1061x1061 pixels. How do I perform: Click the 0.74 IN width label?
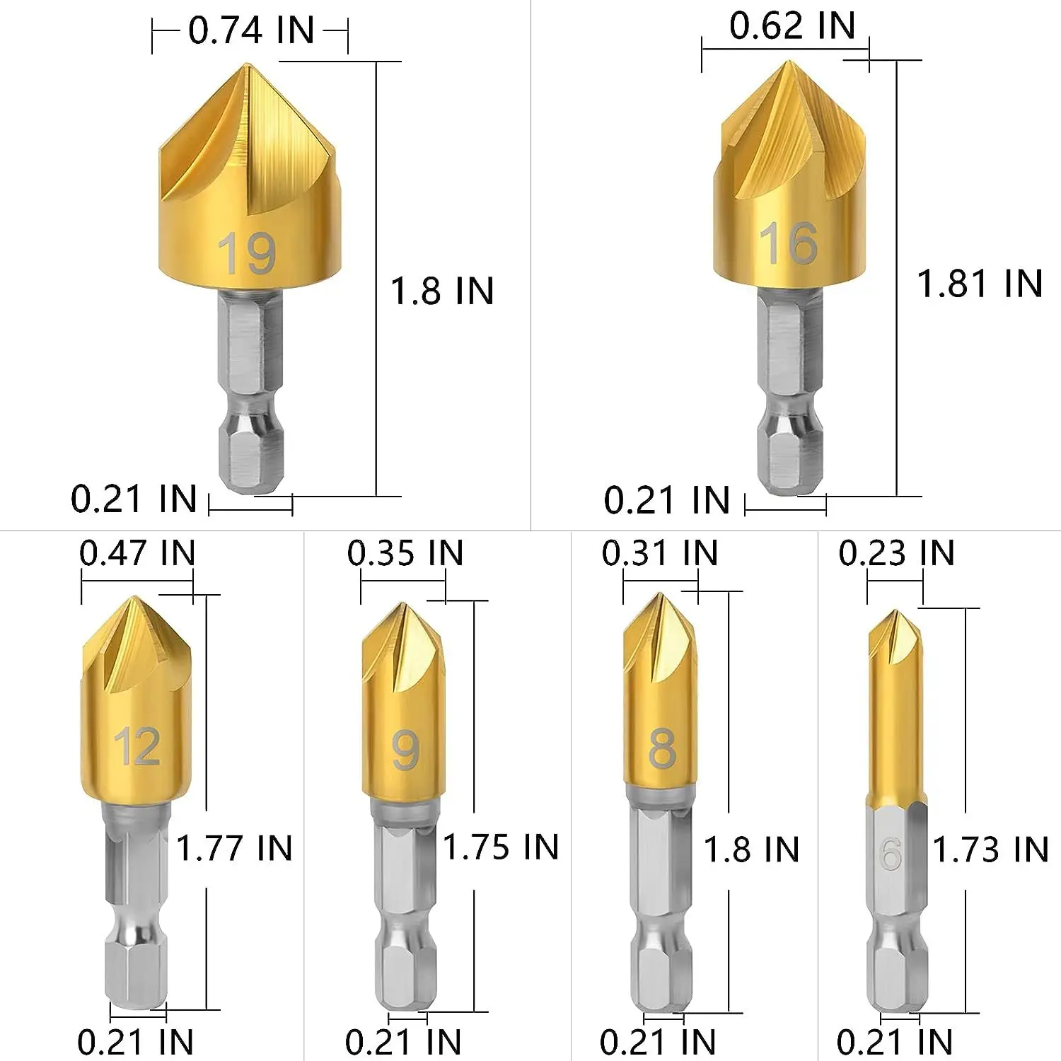click(251, 30)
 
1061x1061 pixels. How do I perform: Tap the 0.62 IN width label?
click(792, 26)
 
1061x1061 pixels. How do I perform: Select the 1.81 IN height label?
click(980, 284)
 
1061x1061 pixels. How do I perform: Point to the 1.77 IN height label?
click(234, 848)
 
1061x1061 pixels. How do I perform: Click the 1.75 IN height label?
click(501, 847)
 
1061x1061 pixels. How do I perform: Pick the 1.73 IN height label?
click(990, 850)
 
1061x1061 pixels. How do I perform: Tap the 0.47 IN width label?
click(137, 553)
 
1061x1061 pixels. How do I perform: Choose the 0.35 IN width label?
click(405, 553)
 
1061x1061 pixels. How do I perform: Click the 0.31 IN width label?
click(660, 553)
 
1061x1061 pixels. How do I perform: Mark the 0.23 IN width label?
click(896, 553)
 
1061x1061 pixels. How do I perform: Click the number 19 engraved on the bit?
click(247, 253)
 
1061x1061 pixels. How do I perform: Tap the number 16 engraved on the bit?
click(789, 244)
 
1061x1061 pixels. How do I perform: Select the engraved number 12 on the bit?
click(137, 746)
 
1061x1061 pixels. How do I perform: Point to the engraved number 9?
click(405, 750)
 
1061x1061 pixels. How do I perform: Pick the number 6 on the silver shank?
click(891, 854)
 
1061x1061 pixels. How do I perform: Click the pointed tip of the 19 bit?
click(248, 66)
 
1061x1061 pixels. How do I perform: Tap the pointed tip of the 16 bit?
click(787, 64)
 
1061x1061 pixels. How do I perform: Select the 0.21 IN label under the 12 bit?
click(135, 1042)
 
